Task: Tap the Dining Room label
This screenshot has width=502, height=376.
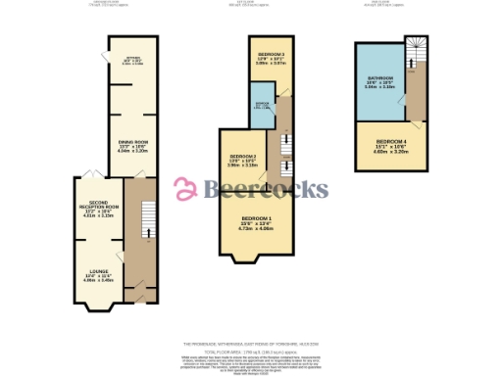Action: (132, 144)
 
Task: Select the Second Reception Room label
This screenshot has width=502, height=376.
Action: (99, 207)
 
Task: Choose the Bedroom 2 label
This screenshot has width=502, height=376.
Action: (243, 156)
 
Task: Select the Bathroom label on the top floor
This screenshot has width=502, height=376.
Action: (379, 77)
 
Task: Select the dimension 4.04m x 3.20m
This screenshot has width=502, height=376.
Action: (132, 152)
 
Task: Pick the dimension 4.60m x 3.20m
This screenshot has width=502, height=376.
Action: (391, 152)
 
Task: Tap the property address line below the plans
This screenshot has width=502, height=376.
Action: (251, 344)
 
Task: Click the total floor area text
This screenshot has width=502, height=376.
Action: (251, 352)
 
